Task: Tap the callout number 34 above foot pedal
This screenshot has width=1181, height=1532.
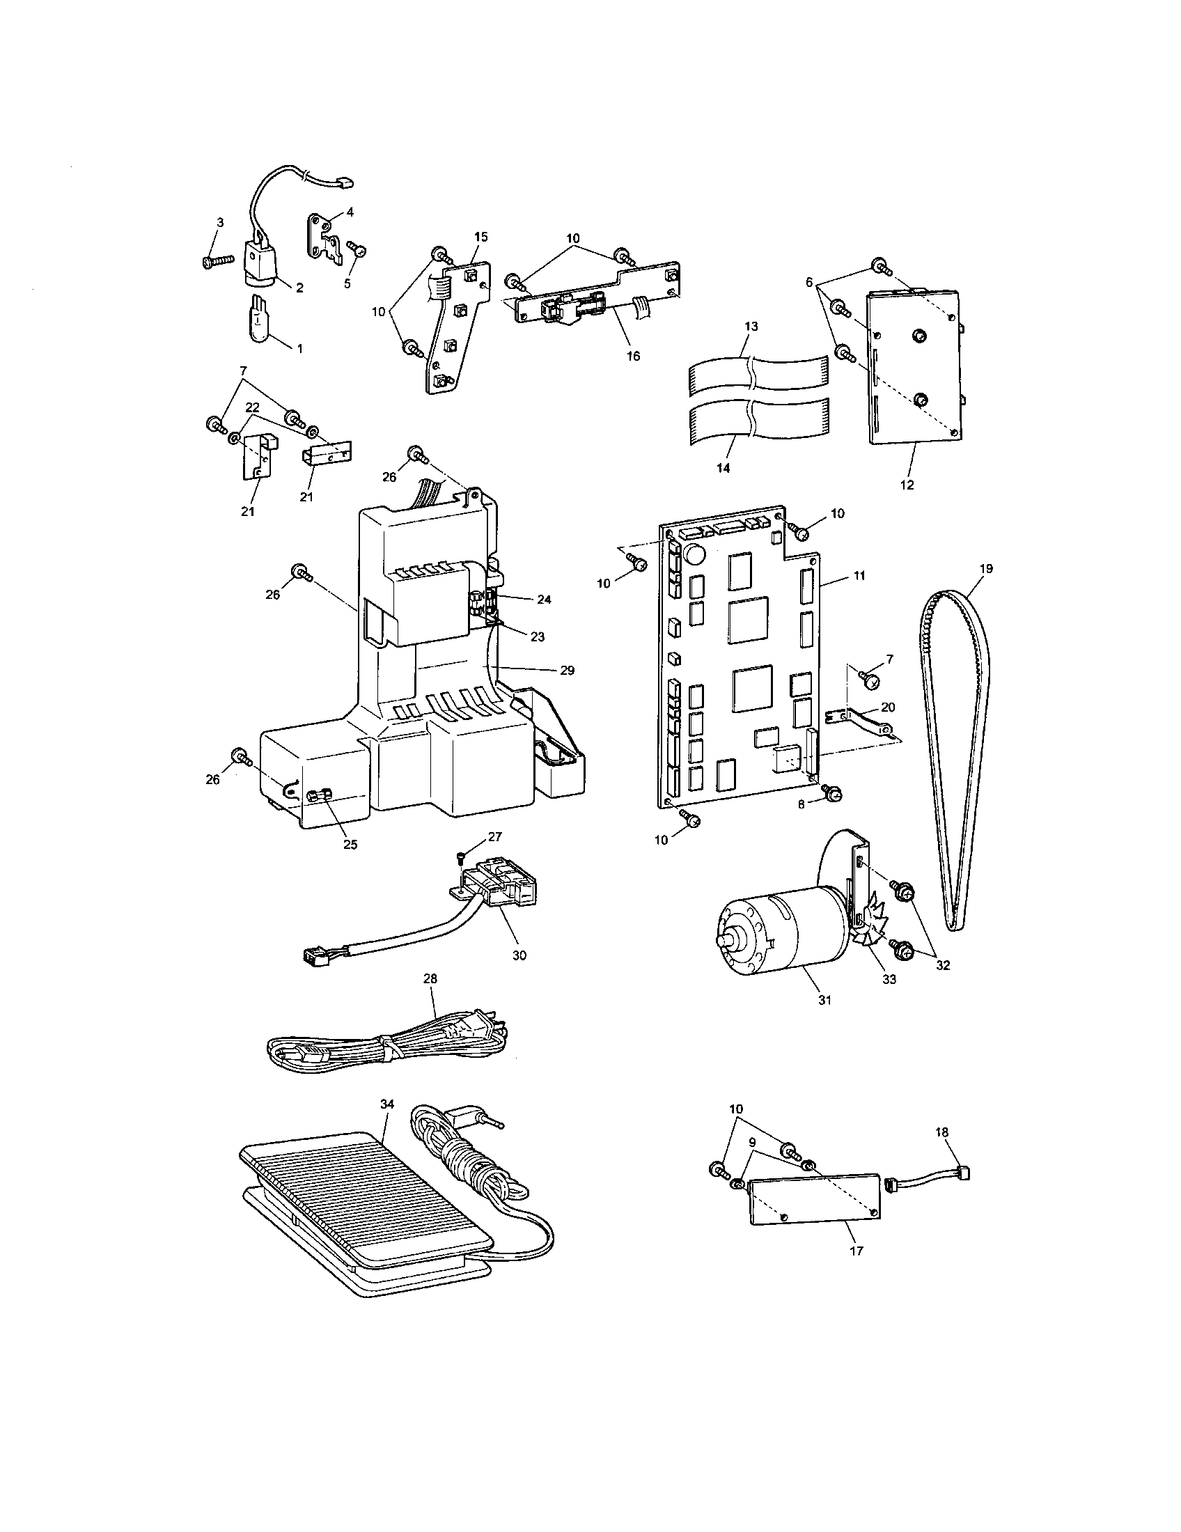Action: pos(387,1104)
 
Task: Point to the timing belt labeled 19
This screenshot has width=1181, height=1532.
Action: pos(952,758)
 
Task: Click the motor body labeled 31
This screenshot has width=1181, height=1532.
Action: pos(779,932)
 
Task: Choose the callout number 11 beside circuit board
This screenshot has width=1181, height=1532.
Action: pos(859,575)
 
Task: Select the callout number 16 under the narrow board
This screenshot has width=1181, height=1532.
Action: pos(632,356)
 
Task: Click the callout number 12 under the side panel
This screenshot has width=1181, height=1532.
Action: pos(907,485)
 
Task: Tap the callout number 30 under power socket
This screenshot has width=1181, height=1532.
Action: pos(519,955)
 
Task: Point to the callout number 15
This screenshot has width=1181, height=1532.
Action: pos(480,236)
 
